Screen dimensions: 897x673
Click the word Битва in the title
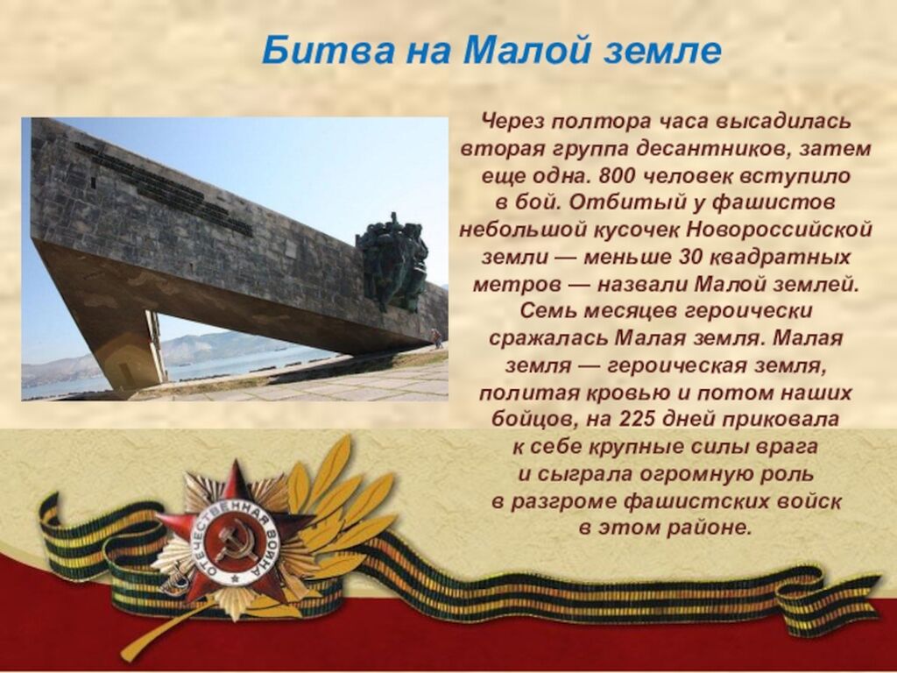pos(328,50)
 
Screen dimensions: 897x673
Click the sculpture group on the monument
pos(392,261)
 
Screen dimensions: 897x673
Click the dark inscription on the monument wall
pos(165,188)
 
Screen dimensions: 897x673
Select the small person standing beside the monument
pos(437,337)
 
